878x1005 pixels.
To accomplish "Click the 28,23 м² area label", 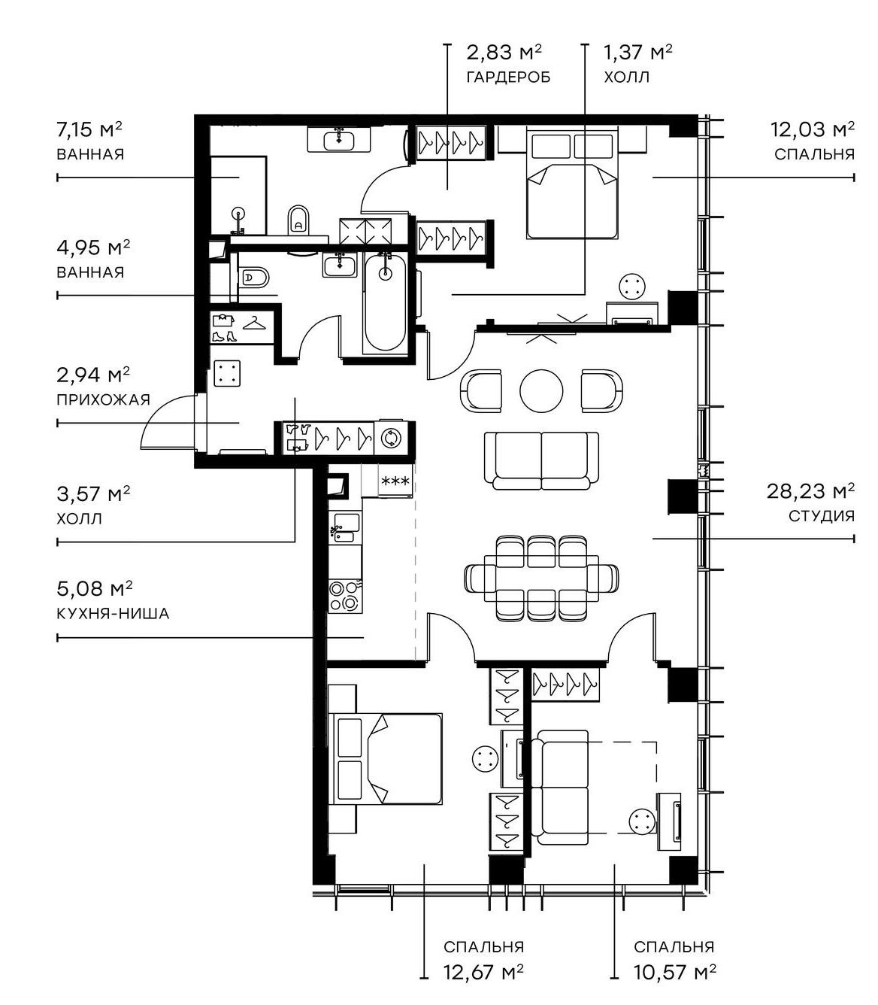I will coord(810,492).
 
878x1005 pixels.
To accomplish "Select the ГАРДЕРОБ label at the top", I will coord(508,77).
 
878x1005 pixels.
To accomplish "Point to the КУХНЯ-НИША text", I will coord(113,614).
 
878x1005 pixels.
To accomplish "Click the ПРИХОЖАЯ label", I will coord(103,399).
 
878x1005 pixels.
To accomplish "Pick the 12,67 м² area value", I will coord(483,973).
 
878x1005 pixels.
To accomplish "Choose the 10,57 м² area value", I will coord(674,973).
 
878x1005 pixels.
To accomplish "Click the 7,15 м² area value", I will coord(89,129).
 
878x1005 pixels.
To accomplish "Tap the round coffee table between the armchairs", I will coord(541,390).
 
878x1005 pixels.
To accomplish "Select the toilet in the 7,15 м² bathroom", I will coord(298,219).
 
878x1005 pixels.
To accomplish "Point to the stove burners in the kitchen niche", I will coord(344,595).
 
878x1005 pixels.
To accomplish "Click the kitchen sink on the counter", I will coord(345,527).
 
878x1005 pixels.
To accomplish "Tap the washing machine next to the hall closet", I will coord(392,438).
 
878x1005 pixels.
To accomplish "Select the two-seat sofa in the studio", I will coord(541,460).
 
